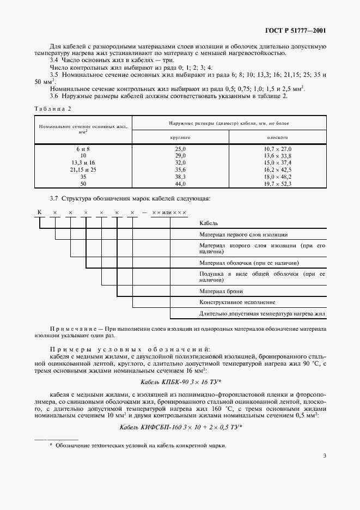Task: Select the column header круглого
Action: pyautogui.click(x=180, y=138)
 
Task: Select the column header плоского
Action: pyautogui.click(x=278, y=138)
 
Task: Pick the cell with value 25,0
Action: pyautogui.click(x=180, y=148)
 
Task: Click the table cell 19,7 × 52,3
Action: pyautogui.click(x=278, y=184)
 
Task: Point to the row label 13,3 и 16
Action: pyautogui.click(x=83, y=162)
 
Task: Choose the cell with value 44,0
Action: pyautogui.click(x=180, y=184)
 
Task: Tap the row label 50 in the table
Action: pyautogui.click(x=83, y=184)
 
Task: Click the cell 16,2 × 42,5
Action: pyautogui.click(x=278, y=169)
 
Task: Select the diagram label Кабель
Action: pyautogui.click(x=209, y=223)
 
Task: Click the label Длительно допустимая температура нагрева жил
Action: pyautogui.click(x=262, y=314)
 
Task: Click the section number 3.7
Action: pyautogui.click(x=55, y=197)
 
